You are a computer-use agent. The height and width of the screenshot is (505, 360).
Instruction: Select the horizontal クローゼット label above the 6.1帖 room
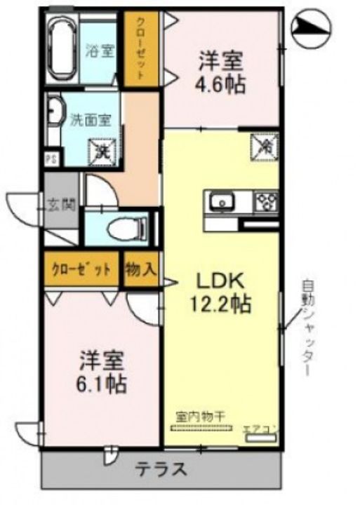(x=80, y=269)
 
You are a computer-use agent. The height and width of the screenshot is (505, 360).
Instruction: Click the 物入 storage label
(x=141, y=269)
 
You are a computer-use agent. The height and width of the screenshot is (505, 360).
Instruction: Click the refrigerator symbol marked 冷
(x=266, y=146)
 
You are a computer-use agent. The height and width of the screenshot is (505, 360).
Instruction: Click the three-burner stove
(x=267, y=202)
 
